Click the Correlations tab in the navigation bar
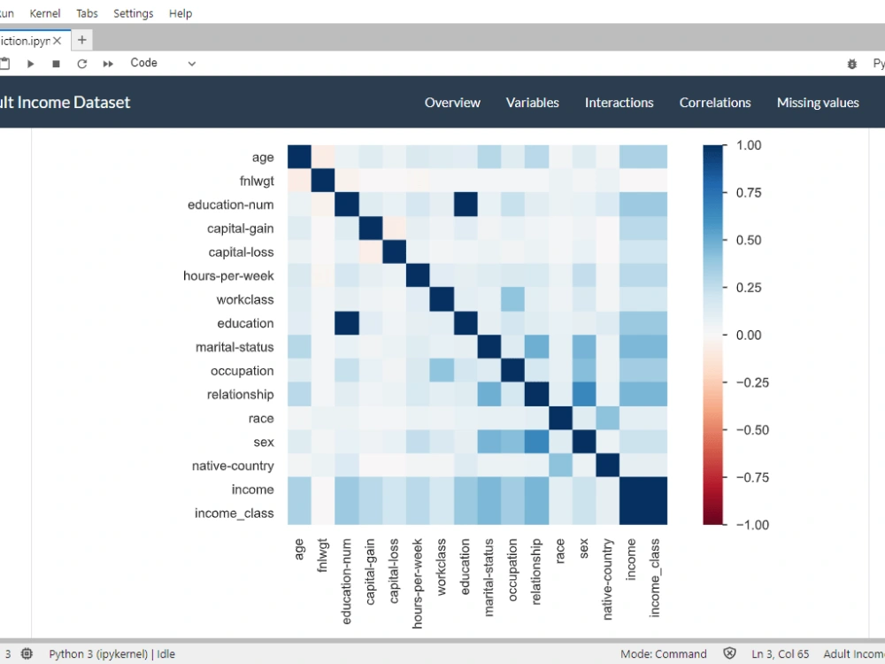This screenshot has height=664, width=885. (x=714, y=103)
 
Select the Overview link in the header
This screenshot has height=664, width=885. (x=452, y=103)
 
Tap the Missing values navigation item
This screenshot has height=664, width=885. (x=817, y=103)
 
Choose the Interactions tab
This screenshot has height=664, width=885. (x=619, y=103)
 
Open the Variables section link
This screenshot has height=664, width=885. (x=532, y=103)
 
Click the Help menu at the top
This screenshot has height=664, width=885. (x=181, y=13)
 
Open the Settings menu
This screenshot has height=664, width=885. (x=133, y=13)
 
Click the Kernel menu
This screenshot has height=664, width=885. (x=45, y=13)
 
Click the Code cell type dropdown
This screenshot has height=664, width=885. (x=163, y=63)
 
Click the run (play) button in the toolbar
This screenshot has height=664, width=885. (x=30, y=64)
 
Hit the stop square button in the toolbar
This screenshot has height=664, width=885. (x=56, y=64)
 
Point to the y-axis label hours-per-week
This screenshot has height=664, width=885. (x=228, y=275)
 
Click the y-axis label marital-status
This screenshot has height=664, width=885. (x=235, y=347)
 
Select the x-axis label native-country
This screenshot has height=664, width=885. (x=608, y=580)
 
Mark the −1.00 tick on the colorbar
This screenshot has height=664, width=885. (x=748, y=524)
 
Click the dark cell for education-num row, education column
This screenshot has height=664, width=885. (x=466, y=205)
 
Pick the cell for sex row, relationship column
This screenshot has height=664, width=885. (x=536, y=442)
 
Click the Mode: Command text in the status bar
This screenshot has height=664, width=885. (x=663, y=654)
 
